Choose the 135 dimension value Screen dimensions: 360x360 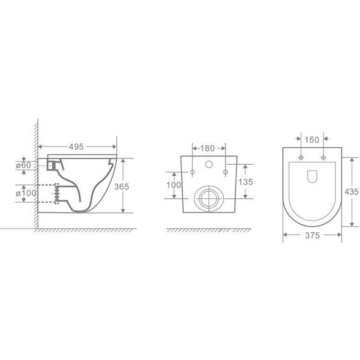[246, 182]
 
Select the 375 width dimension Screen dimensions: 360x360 [312, 237]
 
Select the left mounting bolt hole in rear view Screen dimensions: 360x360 [190, 171]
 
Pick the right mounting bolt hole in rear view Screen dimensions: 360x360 [225, 171]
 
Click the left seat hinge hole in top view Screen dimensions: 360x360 [302, 157]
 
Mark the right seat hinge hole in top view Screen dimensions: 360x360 [323, 157]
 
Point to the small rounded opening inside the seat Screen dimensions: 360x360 [313, 177]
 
